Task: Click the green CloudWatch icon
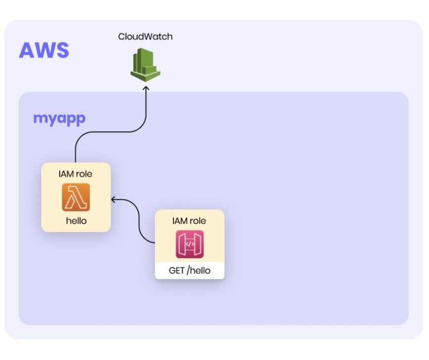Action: point(145,65)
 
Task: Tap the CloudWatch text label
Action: point(145,37)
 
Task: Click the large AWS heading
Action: point(44,50)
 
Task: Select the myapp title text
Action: point(59,119)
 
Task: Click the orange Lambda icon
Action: point(76,197)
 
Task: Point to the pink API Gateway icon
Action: point(190,244)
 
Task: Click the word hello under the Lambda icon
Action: point(76,221)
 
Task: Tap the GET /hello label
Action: point(190,270)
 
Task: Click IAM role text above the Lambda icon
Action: point(76,174)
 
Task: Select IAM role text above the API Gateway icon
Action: point(189,221)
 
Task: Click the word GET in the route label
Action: point(176,270)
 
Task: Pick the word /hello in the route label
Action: point(199,270)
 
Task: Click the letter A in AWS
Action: point(27,50)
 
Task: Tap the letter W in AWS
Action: point(45,50)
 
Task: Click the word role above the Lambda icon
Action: point(84,174)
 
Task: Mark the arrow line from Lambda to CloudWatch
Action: point(115,132)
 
